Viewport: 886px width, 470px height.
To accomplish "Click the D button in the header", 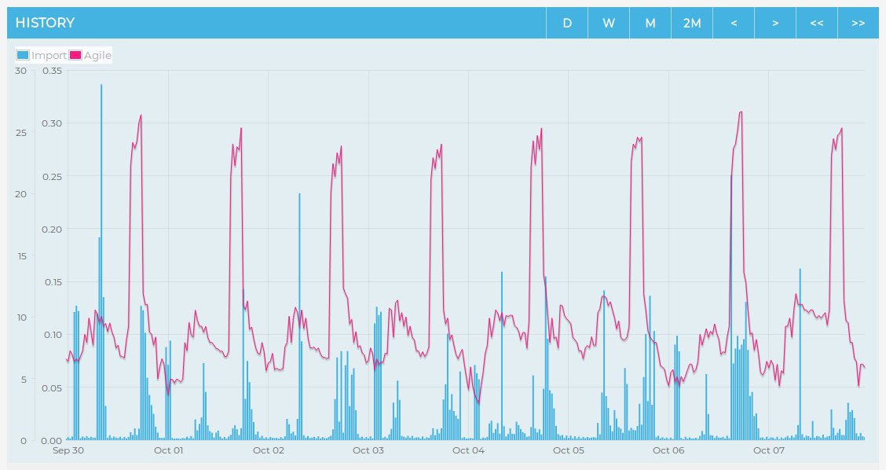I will click(567, 23).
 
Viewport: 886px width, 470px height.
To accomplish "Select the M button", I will click(650, 23).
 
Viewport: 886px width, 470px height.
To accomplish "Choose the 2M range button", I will click(692, 23).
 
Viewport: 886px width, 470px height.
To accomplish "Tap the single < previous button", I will click(734, 23).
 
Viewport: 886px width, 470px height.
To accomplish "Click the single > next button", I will click(775, 23).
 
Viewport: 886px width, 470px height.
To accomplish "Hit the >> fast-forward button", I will click(858, 23).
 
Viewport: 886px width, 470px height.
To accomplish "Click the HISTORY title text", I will click(45, 23).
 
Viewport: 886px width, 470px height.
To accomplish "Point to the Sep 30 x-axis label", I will click(68, 450).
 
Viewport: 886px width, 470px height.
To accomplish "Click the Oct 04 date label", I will click(468, 450).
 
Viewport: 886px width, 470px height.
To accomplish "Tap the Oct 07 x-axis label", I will click(769, 450).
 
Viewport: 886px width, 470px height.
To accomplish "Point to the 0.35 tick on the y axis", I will click(52, 71).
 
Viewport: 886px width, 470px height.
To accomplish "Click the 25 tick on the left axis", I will click(21, 132).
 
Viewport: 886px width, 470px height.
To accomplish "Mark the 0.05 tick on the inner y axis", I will click(52, 387).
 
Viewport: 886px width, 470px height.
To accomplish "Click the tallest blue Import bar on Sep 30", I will click(101, 236).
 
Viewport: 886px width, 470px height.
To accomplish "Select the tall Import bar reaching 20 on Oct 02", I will click(299, 314).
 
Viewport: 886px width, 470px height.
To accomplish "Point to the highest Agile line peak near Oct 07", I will click(740, 112).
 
